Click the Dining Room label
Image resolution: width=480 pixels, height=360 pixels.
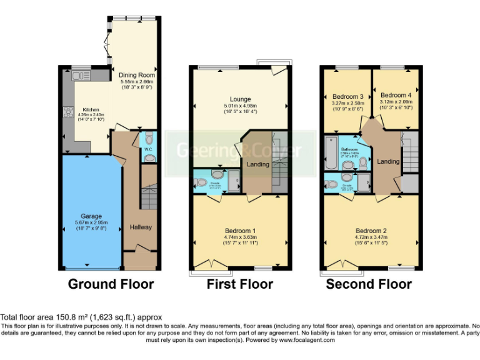(x=137, y=76)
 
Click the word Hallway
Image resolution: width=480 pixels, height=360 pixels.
(x=141, y=227)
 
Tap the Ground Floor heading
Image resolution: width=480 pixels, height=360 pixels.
(x=110, y=284)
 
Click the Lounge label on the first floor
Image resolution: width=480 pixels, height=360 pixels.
(x=240, y=99)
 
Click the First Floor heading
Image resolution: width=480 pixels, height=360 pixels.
(x=240, y=284)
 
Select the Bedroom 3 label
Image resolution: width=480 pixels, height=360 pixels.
(x=346, y=96)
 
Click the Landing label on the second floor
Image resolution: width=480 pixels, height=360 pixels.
(x=388, y=162)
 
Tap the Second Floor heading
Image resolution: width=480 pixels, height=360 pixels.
(x=369, y=284)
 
